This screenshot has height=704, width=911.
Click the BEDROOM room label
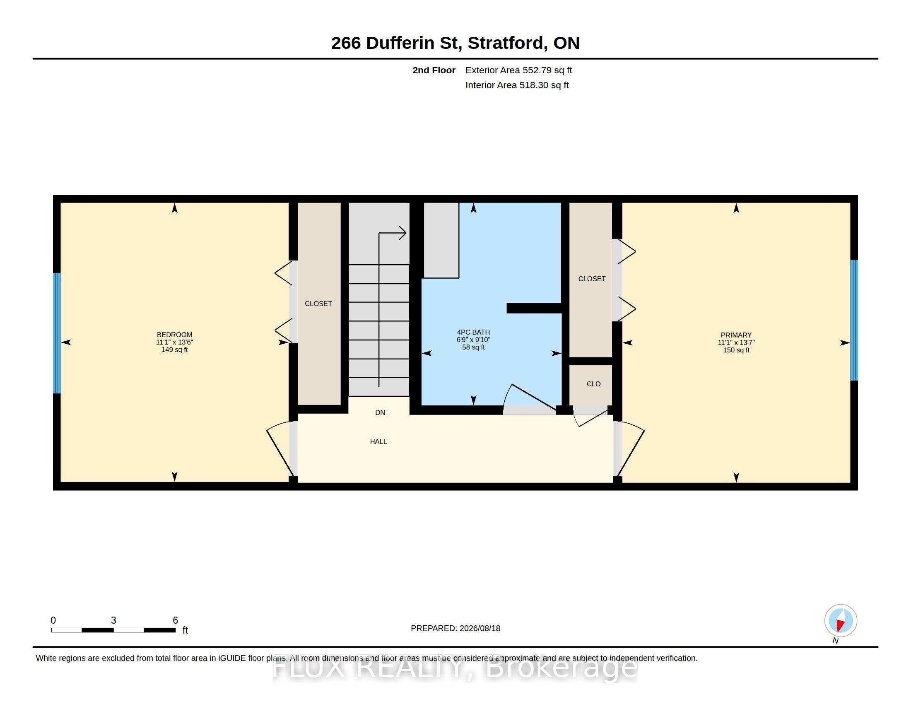coord(174,335)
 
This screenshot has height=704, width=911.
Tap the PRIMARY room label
coord(736,335)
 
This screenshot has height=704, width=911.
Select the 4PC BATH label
coord(473,332)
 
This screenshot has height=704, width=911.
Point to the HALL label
coord(378,441)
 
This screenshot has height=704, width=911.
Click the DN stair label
coord(380,412)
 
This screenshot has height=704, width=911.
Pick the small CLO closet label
coord(593,384)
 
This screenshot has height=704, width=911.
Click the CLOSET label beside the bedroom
coord(318,304)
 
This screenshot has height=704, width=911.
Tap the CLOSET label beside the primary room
coord(592,279)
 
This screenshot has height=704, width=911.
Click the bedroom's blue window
coord(57,333)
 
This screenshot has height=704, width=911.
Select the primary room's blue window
coord(854,320)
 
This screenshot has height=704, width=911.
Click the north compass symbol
coord(841,621)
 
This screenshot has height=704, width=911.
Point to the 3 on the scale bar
coord(113,620)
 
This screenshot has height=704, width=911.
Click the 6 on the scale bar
coord(176,620)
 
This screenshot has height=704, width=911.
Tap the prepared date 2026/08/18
coord(480,628)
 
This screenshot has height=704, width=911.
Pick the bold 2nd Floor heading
coord(434,70)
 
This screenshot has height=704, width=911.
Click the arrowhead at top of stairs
coord(402,233)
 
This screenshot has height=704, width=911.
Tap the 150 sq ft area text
coord(736,350)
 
